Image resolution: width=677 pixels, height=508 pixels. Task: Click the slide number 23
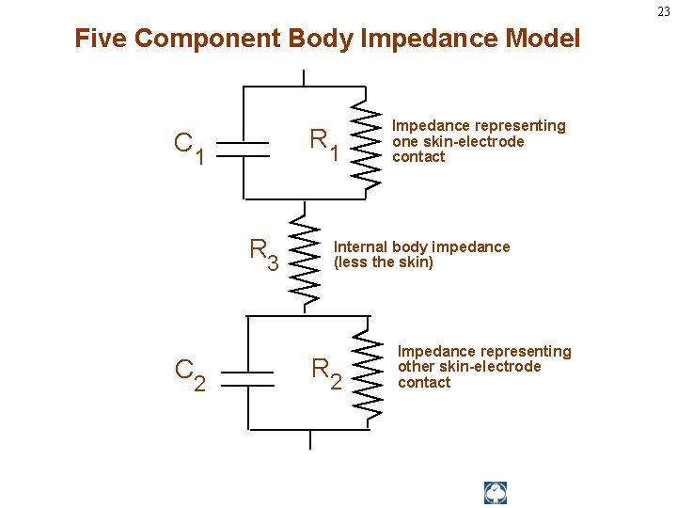[664, 11]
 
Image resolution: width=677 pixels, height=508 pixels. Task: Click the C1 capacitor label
[189, 146]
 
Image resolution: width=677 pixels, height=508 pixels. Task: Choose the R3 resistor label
[263, 253]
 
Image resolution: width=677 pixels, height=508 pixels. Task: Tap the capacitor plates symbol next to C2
[247, 370]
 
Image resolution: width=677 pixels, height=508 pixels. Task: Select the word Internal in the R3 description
[361, 246]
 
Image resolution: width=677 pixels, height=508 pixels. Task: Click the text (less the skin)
[384, 262]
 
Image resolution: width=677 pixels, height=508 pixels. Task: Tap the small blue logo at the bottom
[496, 493]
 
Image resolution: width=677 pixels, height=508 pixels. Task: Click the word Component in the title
[206, 39]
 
